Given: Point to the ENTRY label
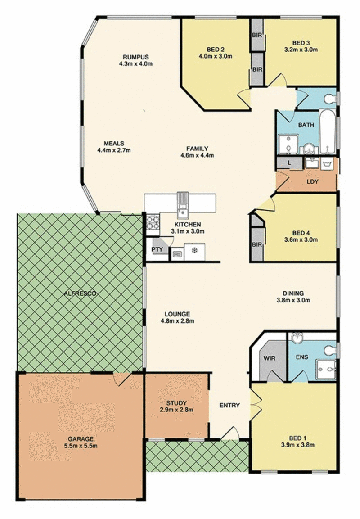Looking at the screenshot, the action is (x=229, y=405).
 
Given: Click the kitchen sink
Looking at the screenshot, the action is (x=182, y=206).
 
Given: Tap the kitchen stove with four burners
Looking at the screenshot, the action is (x=153, y=222).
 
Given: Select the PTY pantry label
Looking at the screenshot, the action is (x=157, y=249).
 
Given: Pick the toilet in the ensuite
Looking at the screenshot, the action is (x=329, y=350).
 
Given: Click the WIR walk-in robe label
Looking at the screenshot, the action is (x=270, y=358).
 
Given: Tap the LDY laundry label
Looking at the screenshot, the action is (x=312, y=181).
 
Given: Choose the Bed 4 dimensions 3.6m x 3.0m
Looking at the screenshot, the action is (x=301, y=239).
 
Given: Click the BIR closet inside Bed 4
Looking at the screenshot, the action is (x=257, y=244).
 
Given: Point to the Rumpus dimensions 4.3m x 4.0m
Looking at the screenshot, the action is (x=135, y=64).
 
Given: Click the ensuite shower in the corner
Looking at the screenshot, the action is (x=326, y=370).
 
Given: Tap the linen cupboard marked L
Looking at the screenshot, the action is (x=289, y=162).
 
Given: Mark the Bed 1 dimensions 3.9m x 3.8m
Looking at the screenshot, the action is (x=297, y=445).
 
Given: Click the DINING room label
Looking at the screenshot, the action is (x=293, y=293).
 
